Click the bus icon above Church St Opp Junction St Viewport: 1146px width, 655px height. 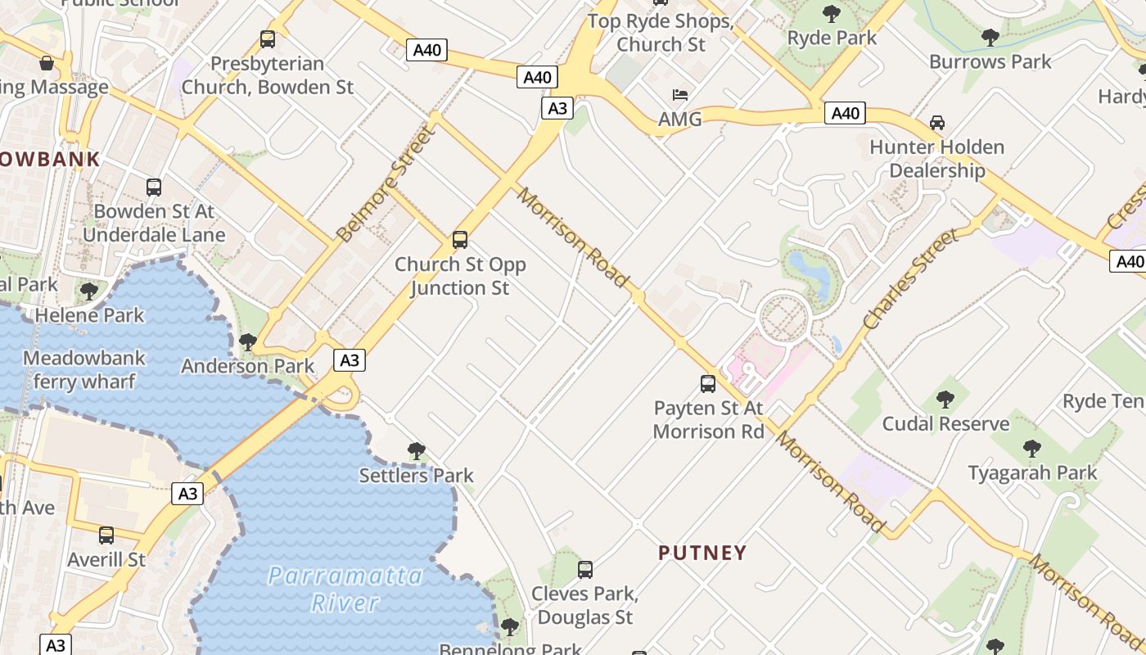[460, 240]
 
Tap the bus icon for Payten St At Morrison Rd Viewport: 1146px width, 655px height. [708, 383]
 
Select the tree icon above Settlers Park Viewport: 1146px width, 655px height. [417, 450]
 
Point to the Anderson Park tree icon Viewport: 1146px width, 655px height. [248, 341]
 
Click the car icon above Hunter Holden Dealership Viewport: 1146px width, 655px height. [937, 123]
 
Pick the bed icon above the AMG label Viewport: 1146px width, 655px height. [680, 95]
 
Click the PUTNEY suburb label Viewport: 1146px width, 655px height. [702, 553]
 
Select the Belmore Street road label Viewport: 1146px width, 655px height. [383, 185]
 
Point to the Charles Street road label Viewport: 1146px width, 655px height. [910, 280]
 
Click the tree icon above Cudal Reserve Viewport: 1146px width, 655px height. [945, 400]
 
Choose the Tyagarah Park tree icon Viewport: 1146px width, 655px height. [1032, 449]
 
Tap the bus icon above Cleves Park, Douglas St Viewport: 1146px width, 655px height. [584, 570]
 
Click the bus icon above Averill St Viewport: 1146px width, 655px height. [106, 535]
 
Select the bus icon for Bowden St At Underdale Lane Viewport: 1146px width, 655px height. [154, 187]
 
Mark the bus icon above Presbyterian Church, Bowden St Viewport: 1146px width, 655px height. [268, 38]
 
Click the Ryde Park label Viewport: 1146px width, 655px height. [832, 38]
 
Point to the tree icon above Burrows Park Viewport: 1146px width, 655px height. [990, 37]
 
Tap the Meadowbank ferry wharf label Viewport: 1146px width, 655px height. [84, 370]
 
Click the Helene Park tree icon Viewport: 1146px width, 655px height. [89, 291]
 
